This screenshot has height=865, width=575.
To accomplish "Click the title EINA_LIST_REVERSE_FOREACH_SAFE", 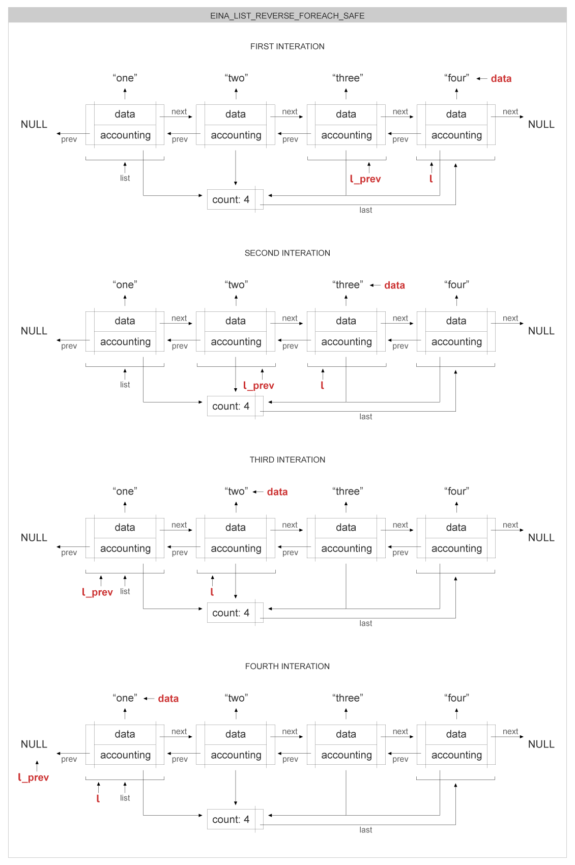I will click(x=287, y=16).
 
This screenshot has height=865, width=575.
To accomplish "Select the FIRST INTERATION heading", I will click(x=287, y=46).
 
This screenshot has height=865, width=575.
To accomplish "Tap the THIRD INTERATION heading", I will click(x=287, y=459).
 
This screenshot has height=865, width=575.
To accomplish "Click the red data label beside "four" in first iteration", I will click(x=501, y=78).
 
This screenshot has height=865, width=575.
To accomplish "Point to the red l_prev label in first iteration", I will click(x=365, y=179).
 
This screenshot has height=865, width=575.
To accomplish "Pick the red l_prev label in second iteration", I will click(x=258, y=386).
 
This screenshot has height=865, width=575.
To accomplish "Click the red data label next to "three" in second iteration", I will click(x=394, y=285).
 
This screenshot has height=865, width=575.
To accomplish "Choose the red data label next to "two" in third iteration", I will click(x=277, y=492).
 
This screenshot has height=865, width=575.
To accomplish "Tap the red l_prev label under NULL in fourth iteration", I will click(x=34, y=777).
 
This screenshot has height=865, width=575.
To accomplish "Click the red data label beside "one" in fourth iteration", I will click(x=168, y=698).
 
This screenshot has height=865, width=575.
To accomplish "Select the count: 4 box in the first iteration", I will click(x=232, y=199).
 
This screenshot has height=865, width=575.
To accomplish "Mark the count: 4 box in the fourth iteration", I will click(x=232, y=819).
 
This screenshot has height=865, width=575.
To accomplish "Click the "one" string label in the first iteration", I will click(x=125, y=78).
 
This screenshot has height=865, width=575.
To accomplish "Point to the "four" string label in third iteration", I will click(x=456, y=491).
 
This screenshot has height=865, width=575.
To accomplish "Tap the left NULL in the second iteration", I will click(x=34, y=331).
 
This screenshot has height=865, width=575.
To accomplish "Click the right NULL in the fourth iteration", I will click(x=541, y=744).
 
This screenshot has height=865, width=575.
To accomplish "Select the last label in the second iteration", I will click(x=365, y=417).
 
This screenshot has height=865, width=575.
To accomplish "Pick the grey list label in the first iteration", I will click(x=125, y=178).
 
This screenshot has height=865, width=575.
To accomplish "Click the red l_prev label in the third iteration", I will click(x=97, y=592).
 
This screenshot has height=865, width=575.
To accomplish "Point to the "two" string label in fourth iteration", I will click(x=236, y=698).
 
